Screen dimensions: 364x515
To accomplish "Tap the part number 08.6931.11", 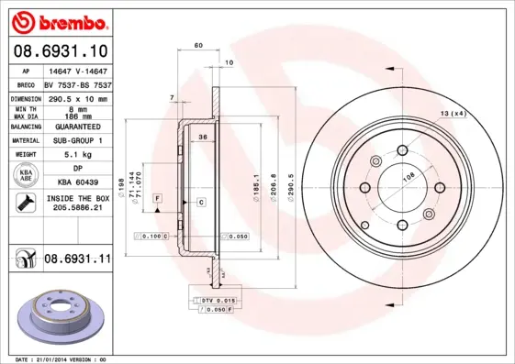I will (x=77, y=259).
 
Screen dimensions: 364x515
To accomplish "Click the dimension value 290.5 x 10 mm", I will (x=77, y=97).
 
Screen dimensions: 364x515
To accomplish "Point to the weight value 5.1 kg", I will (x=77, y=155).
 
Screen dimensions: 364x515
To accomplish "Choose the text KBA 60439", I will (x=77, y=182).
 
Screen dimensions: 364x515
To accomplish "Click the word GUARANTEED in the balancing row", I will (x=77, y=126).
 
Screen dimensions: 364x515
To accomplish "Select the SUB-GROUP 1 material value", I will (x=77, y=140).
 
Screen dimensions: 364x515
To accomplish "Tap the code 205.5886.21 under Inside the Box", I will (x=77, y=208).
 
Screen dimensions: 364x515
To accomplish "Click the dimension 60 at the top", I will (x=197, y=45).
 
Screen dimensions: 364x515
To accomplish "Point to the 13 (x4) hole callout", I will (x=453, y=113).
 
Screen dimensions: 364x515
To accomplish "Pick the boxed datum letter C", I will (x=200, y=200).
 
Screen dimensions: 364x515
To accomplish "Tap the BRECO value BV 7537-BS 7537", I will (x=77, y=83).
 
